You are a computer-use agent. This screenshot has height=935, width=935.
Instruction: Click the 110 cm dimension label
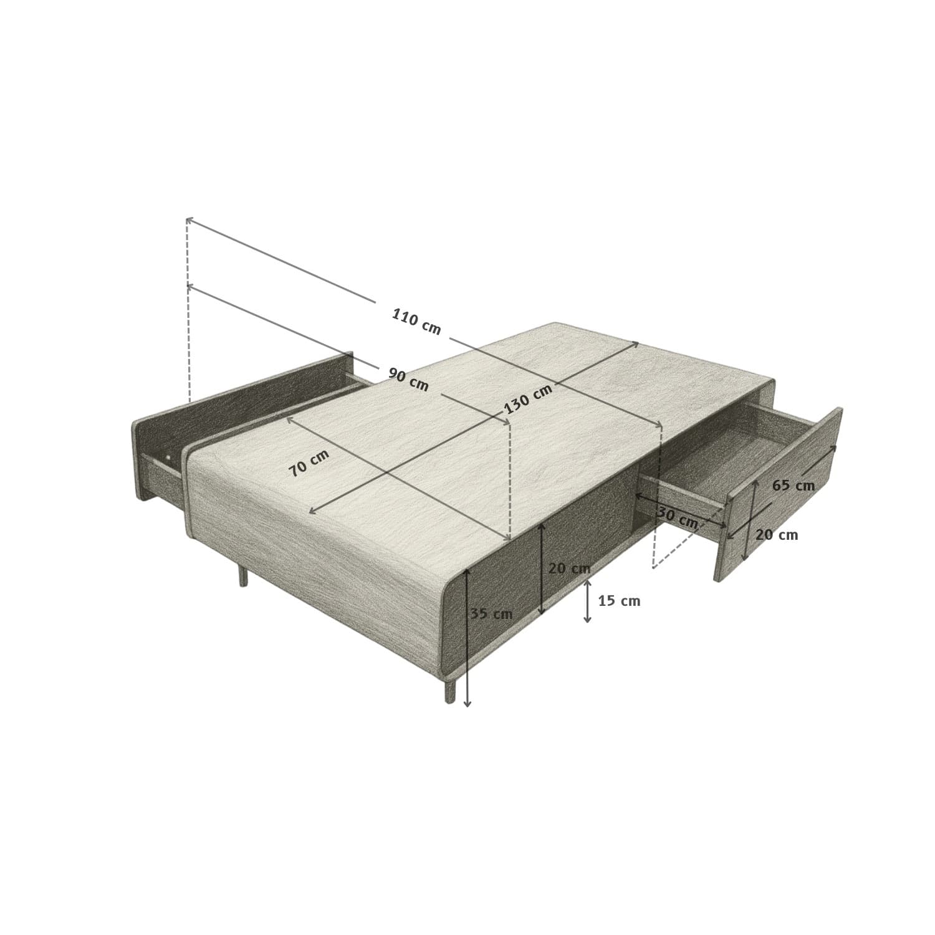coord(416,322)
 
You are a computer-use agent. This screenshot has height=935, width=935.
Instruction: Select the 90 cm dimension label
coord(408,380)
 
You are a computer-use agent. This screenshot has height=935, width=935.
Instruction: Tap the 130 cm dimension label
coord(528,400)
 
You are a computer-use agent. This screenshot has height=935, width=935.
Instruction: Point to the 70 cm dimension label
coord(309,463)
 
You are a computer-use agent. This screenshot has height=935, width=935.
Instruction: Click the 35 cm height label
coord(492,614)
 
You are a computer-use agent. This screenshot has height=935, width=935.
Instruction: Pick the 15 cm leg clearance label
coord(619,601)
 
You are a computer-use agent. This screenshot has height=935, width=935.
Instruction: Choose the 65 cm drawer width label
coord(793,486)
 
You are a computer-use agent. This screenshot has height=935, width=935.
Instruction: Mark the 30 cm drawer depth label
coord(678,519)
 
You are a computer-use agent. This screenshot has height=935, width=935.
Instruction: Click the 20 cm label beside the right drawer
coord(777,535)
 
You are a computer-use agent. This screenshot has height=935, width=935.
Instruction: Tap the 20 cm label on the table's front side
coord(569,568)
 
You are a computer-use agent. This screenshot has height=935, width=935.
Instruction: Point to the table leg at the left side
coord(243,577)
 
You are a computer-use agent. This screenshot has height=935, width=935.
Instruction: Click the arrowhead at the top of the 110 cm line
coord(188,219)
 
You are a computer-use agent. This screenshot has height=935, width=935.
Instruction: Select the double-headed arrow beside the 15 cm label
coord(587,601)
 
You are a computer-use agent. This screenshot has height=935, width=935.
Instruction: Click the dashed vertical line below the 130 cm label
coord(510,480)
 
